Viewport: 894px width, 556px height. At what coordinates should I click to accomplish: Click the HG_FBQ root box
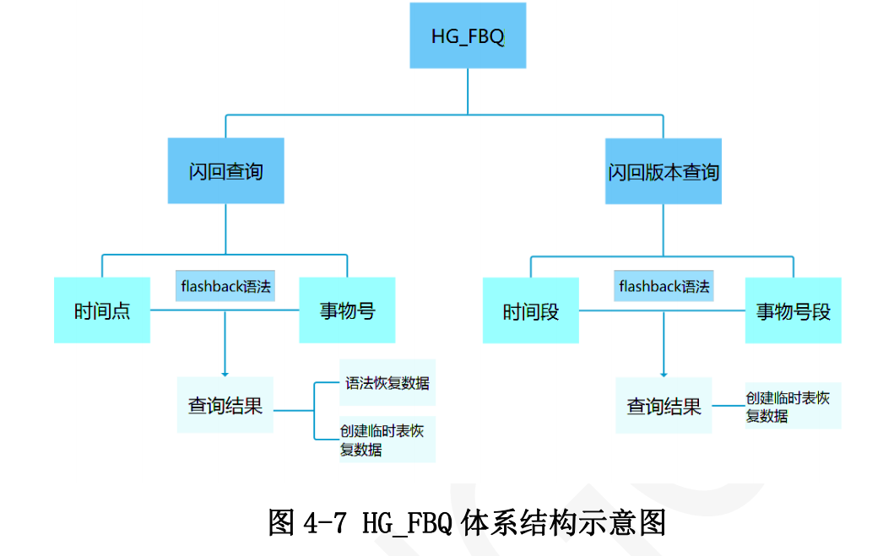click(x=468, y=35)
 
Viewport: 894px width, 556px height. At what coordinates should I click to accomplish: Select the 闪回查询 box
click(x=225, y=171)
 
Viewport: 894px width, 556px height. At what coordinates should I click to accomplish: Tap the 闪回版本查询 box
click(x=664, y=171)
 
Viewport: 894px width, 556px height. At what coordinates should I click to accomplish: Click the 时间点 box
click(x=102, y=310)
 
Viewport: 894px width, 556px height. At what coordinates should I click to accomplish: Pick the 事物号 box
click(x=347, y=310)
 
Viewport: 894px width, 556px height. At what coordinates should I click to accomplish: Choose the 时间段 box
click(x=531, y=311)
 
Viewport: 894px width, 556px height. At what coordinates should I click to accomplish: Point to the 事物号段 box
click(x=793, y=311)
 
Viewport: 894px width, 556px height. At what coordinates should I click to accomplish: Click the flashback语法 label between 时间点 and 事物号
click(x=225, y=286)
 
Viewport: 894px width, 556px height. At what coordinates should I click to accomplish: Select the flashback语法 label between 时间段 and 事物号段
click(x=664, y=286)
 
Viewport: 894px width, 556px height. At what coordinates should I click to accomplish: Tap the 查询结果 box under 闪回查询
click(x=225, y=405)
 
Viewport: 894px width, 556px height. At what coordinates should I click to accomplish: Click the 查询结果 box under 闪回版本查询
click(x=664, y=407)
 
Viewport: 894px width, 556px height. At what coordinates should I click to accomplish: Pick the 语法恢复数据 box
click(x=387, y=383)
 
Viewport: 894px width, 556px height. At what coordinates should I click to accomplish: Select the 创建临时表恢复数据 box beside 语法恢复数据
click(x=387, y=440)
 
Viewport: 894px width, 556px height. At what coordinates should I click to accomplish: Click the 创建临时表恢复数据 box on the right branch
click(x=793, y=406)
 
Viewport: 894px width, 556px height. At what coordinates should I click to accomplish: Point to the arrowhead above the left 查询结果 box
click(x=225, y=373)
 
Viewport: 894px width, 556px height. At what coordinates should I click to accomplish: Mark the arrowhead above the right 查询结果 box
click(x=664, y=373)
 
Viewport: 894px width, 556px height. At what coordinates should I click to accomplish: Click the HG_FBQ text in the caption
click(x=409, y=524)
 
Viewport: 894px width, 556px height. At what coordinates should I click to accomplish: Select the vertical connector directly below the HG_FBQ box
click(x=468, y=90)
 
